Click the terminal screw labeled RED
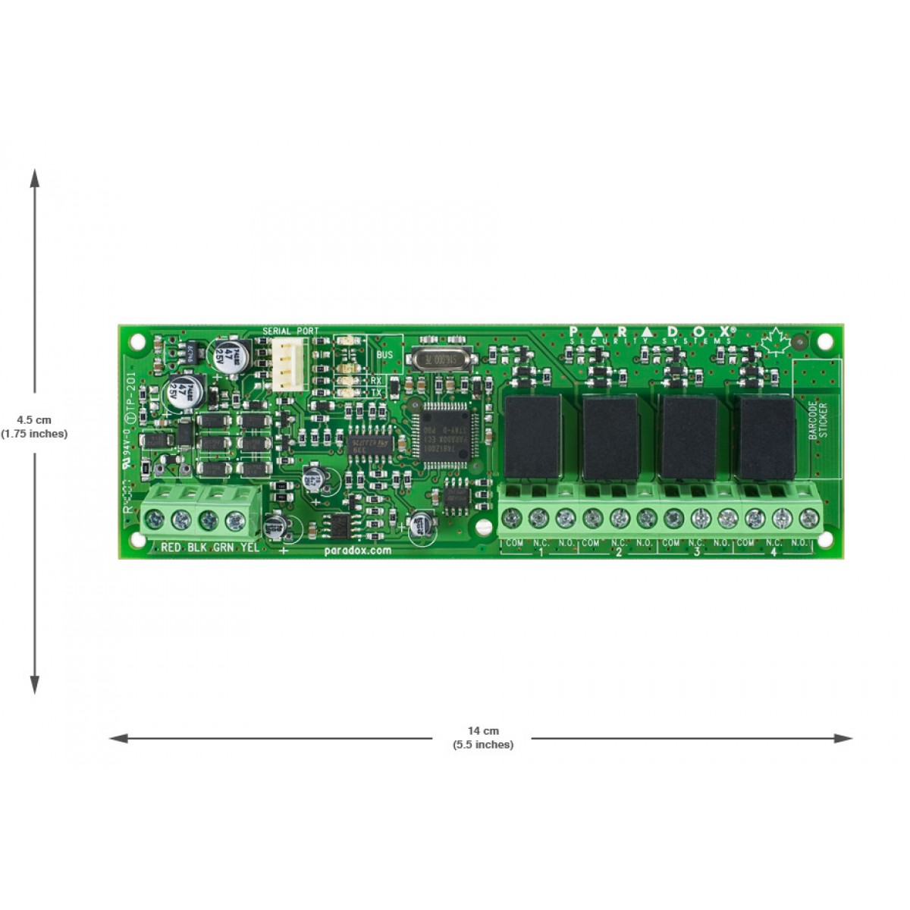coord(154,519)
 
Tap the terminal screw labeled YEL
coord(237,520)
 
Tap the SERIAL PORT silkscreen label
coord(290,331)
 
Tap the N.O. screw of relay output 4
coord(808,519)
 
